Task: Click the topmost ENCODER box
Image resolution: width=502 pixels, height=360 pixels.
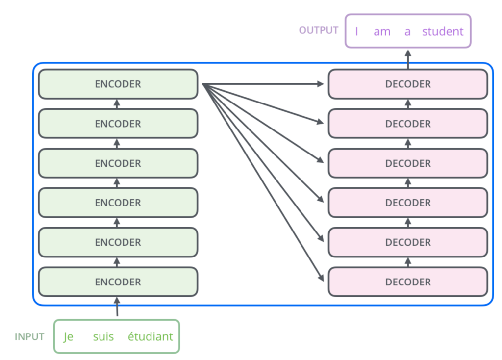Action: coord(118,84)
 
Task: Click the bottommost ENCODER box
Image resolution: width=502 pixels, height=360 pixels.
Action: coord(118,282)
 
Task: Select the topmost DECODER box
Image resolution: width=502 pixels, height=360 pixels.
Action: coord(408,84)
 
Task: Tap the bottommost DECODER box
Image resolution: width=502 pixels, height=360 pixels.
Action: coord(408,282)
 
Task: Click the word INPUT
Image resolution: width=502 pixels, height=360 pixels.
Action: coord(29,337)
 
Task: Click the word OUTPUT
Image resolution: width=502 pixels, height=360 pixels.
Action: coord(319,30)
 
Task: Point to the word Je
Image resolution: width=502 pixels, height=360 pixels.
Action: coord(68,337)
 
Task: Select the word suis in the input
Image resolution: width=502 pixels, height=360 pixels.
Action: coord(103,337)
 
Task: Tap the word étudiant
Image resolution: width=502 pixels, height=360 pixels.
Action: coord(150,337)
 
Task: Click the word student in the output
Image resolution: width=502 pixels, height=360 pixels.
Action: coord(443,32)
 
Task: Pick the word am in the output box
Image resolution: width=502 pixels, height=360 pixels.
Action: coord(382,32)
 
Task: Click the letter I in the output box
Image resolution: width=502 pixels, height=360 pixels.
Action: coord(357,32)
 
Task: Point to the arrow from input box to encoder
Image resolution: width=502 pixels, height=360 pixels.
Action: coord(117,307)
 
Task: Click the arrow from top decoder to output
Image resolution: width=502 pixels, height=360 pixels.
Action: coord(408,58)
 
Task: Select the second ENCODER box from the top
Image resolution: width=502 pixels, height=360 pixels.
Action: coord(118,124)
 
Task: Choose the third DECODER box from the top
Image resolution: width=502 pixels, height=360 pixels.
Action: coord(408,163)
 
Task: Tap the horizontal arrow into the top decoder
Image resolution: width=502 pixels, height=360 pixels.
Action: coord(265,84)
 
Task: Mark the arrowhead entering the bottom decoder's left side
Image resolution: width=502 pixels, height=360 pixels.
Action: coord(322,279)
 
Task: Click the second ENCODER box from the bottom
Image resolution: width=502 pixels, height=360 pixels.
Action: coord(118,242)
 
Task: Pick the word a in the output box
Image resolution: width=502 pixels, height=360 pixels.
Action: coord(407,32)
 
